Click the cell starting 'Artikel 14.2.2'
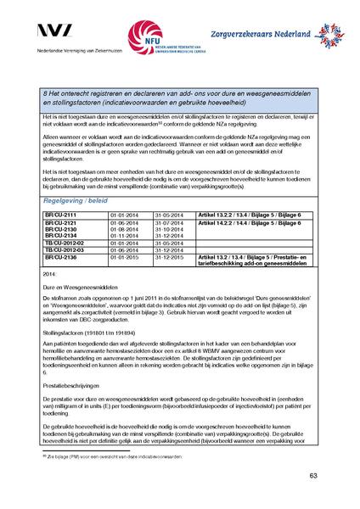(251, 222)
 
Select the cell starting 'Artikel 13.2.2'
(251, 215)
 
